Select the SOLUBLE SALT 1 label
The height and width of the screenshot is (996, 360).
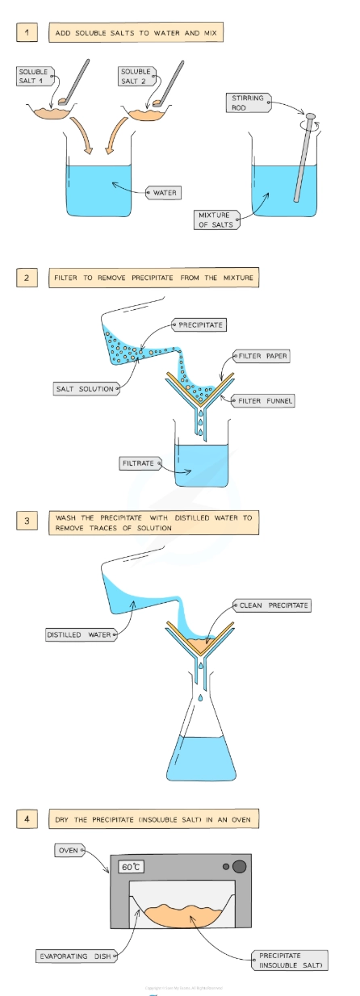pyautogui.click(x=33, y=77)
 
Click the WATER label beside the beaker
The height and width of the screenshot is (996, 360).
pyautogui.click(x=163, y=193)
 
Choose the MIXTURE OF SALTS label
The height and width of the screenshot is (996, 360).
pyautogui.click(x=214, y=219)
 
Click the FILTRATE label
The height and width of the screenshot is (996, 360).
pyautogui.click(x=138, y=463)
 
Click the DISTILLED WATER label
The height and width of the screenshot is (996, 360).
pyautogui.click(x=80, y=635)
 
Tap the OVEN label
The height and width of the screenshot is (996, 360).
pyautogui.click(x=66, y=850)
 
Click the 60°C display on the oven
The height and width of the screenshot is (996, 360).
pyautogui.click(x=132, y=867)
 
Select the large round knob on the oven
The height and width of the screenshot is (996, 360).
pyautogui.click(x=239, y=867)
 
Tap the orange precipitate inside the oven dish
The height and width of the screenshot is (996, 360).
pyautogui.click(x=182, y=914)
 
